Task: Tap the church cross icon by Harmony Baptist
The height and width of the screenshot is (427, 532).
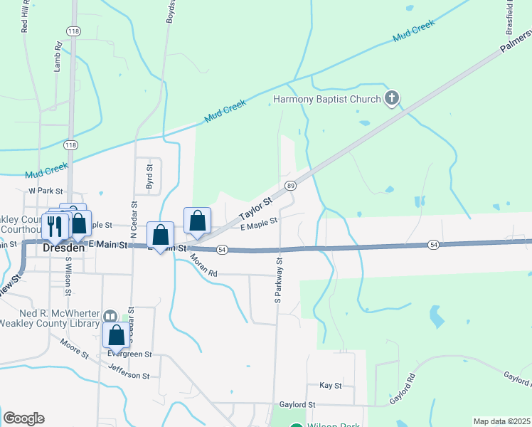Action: pos(391,98)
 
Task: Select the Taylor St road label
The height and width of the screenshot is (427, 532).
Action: pos(256,208)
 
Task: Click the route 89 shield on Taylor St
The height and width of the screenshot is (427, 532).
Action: pos(290,186)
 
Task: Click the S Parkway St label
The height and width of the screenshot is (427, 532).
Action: pos(279,282)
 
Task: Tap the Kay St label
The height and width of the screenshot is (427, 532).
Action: pos(331,385)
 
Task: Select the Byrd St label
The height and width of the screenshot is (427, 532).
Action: pos(149,177)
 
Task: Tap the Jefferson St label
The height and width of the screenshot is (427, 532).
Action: pos(129,371)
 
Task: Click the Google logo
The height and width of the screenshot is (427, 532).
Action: pos(23,418)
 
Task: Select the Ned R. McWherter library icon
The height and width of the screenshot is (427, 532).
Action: pos(110,315)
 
